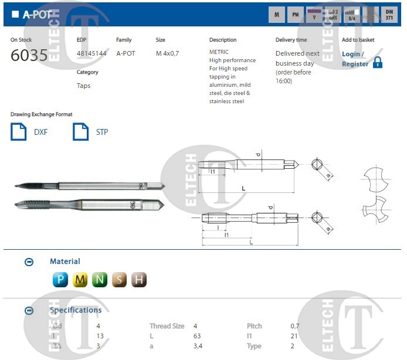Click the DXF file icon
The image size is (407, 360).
coord(19,131)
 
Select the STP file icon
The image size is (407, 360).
coord(80,131)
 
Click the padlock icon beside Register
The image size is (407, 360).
coord(378,62)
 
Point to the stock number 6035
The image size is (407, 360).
coord(29,56)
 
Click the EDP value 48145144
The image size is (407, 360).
coord(91,53)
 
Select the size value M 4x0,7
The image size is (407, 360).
coord(167,53)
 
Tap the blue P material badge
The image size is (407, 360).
coord(60,280)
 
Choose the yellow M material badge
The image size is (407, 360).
coord(80,280)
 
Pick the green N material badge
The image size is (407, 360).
coord(100,280)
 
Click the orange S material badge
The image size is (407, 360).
coord(119,280)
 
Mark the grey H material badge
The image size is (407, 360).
coord(138,280)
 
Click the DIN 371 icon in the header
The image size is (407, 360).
coord(389,15)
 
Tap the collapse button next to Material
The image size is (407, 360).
coord(29,262)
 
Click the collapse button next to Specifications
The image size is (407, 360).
coord(29,311)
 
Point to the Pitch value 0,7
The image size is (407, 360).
coord(294,326)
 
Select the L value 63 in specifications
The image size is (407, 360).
coord(197,336)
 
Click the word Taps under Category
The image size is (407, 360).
coord(84,86)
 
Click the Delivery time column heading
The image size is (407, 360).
coord(291,40)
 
